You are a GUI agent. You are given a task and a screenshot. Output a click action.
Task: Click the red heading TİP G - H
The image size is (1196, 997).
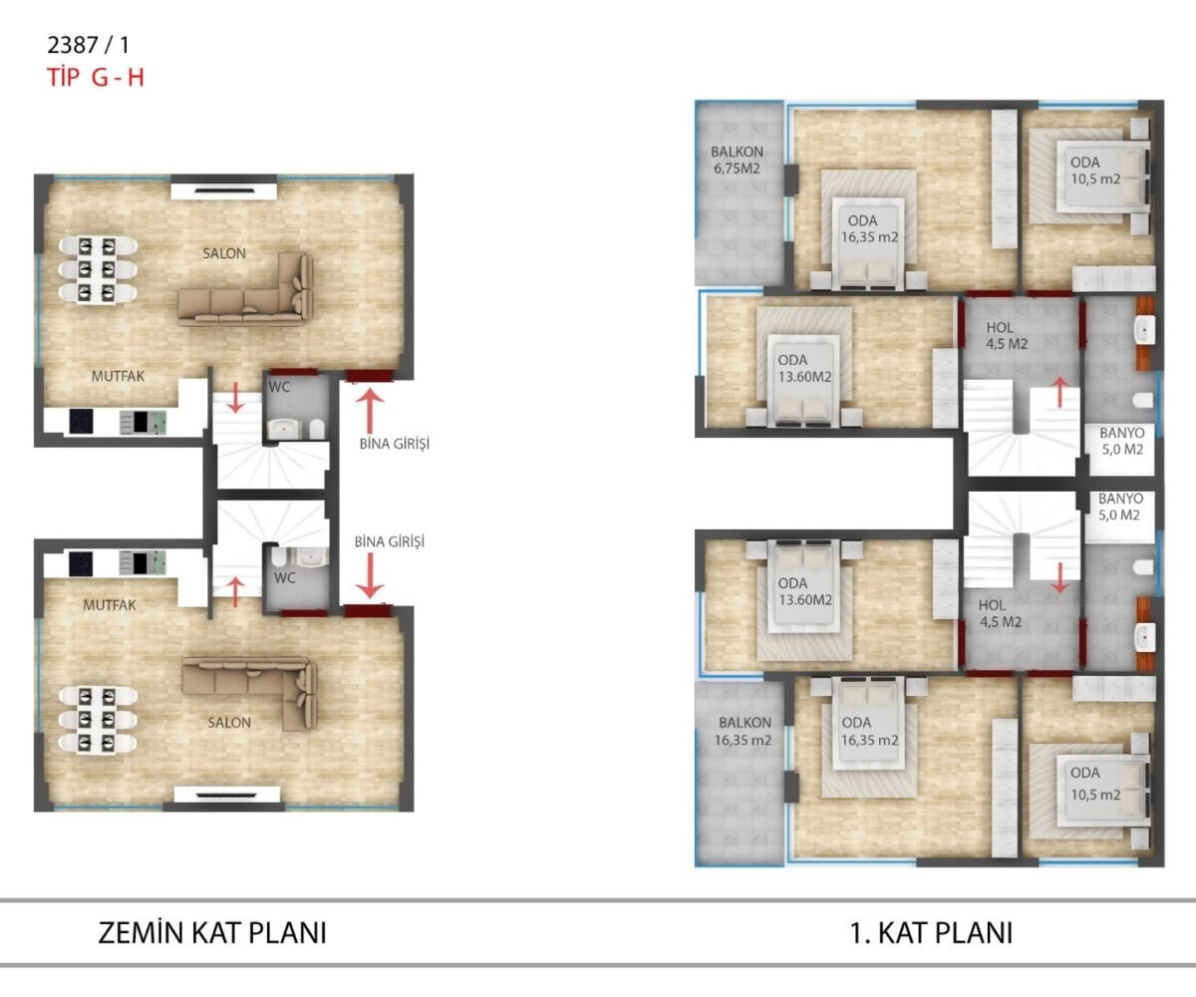click(95, 78)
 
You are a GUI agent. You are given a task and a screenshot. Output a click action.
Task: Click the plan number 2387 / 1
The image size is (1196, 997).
click(89, 45)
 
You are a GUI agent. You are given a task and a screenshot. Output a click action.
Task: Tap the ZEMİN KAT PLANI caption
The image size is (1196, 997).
click(212, 933)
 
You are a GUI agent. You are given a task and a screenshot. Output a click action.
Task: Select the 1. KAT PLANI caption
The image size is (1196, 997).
click(931, 933)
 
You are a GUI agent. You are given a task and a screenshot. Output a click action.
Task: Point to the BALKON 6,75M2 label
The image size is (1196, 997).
click(737, 160)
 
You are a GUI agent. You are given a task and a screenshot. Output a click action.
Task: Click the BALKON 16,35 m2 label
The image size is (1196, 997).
click(744, 731)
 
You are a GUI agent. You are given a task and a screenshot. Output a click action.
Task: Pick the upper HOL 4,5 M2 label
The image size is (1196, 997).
click(1007, 336)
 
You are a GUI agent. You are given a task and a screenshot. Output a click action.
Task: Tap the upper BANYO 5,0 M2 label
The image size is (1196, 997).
click(1122, 442)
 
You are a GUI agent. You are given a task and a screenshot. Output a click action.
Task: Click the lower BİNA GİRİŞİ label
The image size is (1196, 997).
click(390, 541)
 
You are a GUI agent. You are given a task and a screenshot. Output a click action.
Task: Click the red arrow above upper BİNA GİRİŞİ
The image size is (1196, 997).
click(370, 410)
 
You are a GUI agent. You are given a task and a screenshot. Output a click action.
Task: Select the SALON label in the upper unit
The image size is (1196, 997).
click(224, 253)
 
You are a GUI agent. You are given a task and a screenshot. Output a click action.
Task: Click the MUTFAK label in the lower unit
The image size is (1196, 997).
click(110, 605)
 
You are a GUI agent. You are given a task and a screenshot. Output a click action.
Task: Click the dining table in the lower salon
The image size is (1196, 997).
click(98, 719)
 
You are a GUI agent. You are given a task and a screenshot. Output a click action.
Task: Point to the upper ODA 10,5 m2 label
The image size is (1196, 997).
click(1094, 170)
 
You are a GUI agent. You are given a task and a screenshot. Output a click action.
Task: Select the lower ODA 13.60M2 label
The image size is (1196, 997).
click(804, 592)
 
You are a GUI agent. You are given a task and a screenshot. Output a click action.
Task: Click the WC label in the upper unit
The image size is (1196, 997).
click(279, 387)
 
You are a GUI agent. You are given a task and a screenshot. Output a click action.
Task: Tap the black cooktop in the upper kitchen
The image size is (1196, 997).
click(81, 421)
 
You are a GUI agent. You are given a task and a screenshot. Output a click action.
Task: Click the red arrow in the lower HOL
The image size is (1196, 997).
click(1059, 577)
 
